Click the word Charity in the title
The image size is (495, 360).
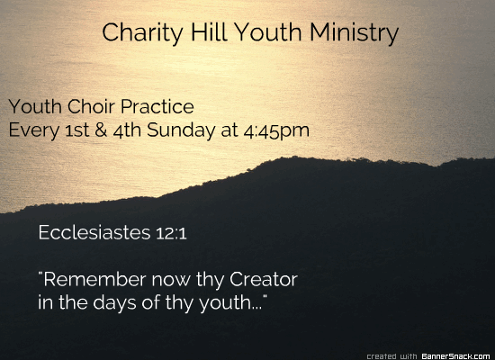(142, 33)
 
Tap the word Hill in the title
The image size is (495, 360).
(209, 31)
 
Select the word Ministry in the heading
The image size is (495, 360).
(355, 33)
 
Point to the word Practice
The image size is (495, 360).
(157, 106)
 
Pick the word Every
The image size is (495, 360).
(34, 130)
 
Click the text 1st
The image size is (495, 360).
(77, 130)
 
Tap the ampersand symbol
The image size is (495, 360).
(101, 130)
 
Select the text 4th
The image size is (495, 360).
(127, 130)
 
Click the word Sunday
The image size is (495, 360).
(181, 130)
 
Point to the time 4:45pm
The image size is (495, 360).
(276, 131)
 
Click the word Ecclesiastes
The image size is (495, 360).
(94, 232)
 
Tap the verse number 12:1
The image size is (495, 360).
(171, 233)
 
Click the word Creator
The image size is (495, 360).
(264, 279)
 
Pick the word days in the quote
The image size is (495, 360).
(114, 303)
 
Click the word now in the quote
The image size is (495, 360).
(171, 280)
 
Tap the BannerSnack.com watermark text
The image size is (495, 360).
(456, 356)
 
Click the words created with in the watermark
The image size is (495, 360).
(391, 356)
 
